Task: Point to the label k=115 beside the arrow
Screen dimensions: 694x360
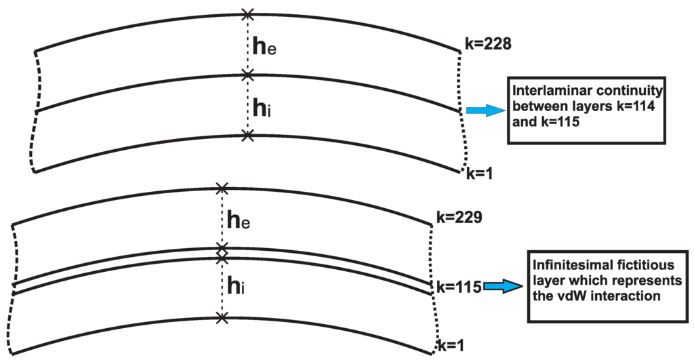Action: (458, 287)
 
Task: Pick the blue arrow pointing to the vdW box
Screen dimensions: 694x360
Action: (504, 288)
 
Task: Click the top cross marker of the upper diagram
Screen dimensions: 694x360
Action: (248, 14)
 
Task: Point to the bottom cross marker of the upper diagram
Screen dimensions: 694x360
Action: (248, 136)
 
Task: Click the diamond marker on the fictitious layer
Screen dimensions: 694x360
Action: (222, 253)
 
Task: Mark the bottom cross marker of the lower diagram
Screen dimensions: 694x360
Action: (222, 317)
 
